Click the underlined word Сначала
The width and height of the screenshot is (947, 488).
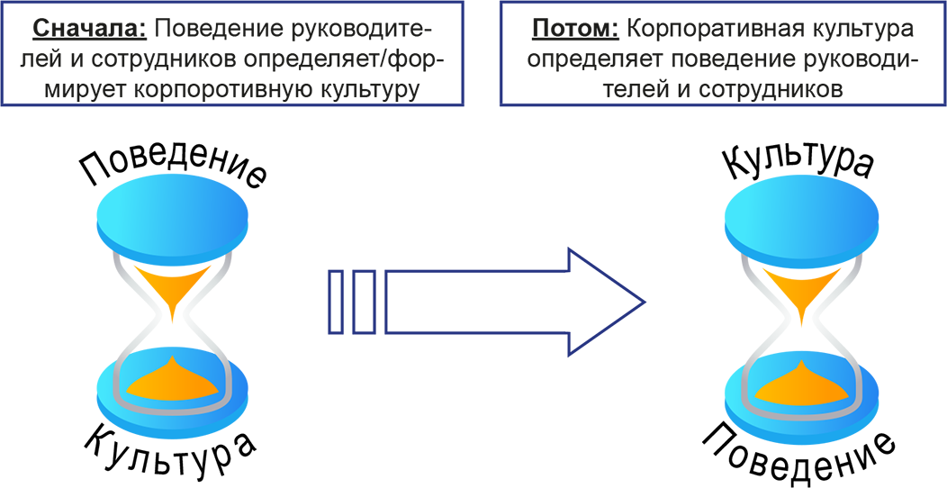click(90, 29)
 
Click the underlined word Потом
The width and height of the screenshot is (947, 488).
click(575, 29)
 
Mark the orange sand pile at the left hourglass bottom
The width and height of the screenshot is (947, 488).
click(174, 381)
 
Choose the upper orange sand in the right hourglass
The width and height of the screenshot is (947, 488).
click(801, 289)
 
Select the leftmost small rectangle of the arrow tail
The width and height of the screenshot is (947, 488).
click(337, 302)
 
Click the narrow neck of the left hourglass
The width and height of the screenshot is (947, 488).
click(173, 321)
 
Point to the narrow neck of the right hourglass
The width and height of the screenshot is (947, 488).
click(801, 322)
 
